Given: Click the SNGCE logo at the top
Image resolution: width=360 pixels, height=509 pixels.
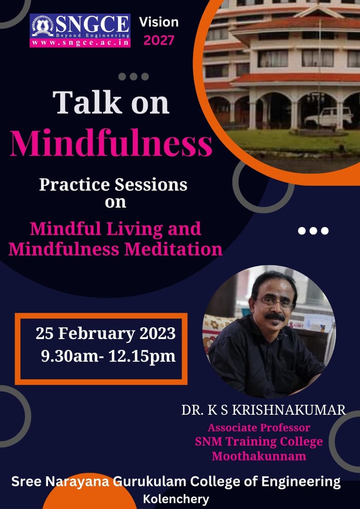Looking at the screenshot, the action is (x=80, y=30).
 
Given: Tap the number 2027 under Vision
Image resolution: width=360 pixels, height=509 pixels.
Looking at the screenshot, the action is (x=159, y=40).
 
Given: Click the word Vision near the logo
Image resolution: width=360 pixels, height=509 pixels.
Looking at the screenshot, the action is (x=159, y=22).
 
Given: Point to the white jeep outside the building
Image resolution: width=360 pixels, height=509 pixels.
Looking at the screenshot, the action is (x=328, y=117).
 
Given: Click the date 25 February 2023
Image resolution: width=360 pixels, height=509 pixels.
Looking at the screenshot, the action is (x=106, y=334).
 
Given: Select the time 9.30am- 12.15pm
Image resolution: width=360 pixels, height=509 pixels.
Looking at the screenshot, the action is (x=108, y=356).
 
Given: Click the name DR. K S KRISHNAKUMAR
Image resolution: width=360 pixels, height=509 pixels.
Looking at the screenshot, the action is (x=263, y=410).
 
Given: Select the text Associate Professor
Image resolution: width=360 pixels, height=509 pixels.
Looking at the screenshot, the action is (x=259, y=427).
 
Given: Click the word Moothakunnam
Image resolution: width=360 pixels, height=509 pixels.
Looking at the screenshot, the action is (x=259, y=456).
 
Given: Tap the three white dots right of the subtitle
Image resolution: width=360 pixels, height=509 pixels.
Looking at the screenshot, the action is (x=313, y=231).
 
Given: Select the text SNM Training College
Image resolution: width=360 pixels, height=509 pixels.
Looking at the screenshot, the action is (x=259, y=441).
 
